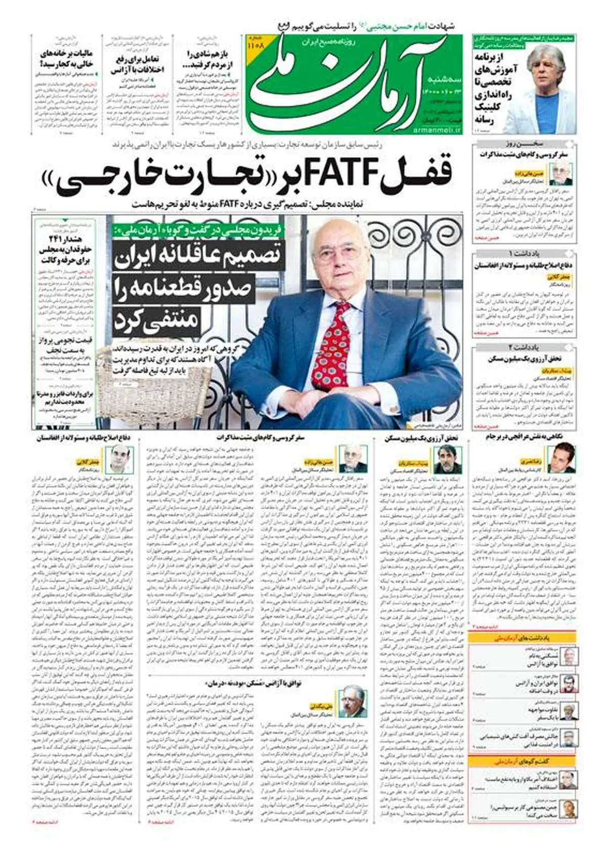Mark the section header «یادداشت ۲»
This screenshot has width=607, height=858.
coord(525,347)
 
